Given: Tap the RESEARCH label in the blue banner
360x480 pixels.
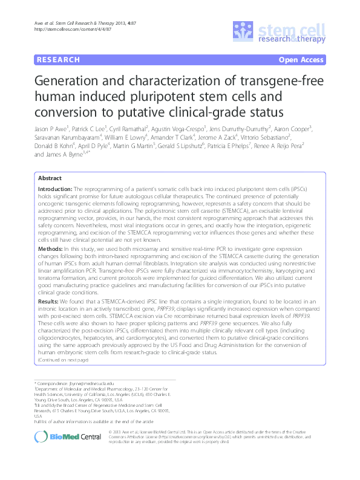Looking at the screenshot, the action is tap(58, 60).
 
